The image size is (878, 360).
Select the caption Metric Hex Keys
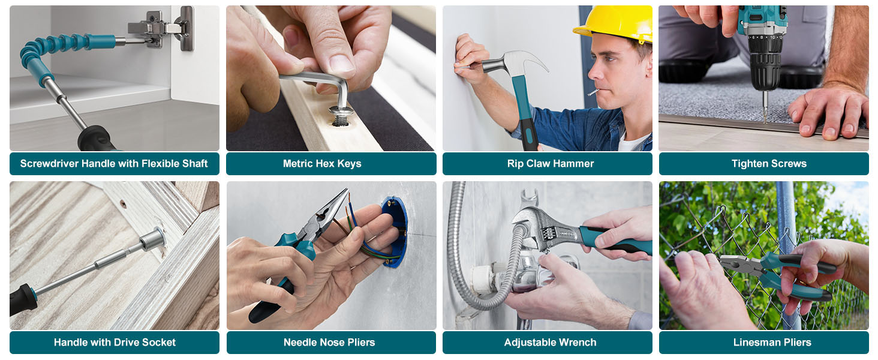322,164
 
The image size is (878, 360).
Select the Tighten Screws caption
769,164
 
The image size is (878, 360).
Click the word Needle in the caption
298,343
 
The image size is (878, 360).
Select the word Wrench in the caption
578,343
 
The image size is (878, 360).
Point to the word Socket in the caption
159,343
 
